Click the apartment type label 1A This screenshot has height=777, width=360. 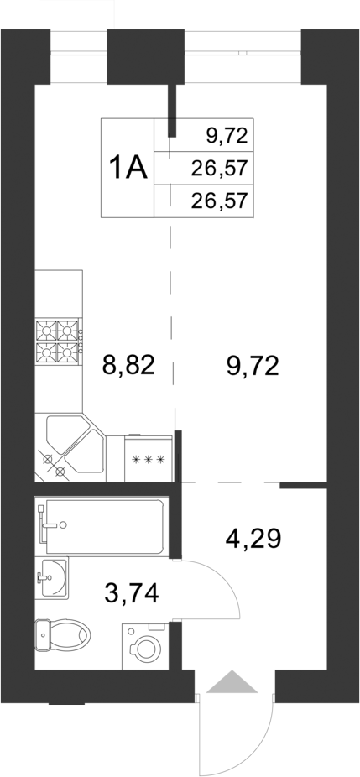click(x=128, y=168)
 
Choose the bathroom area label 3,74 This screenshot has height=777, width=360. click(x=129, y=594)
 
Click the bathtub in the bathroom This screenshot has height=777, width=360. click(x=105, y=525)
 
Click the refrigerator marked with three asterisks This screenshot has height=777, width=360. click(x=149, y=459)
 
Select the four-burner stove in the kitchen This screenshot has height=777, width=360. click(x=58, y=341)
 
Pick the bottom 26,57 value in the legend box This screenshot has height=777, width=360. click(x=220, y=202)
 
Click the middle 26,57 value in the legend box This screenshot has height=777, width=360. click(x=220, y=169)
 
